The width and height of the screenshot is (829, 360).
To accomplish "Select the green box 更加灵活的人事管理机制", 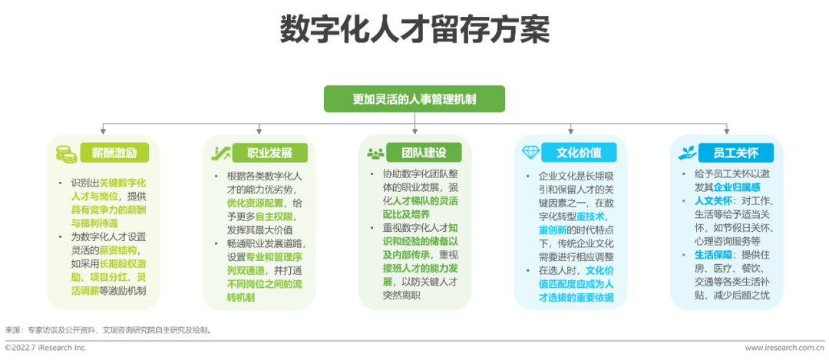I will (414, 99).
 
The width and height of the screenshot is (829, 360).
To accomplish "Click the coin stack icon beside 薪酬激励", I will (65, 152).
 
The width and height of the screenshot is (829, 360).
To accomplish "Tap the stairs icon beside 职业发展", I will (221, 152).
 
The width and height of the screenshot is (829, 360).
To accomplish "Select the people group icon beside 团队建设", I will (375, 152).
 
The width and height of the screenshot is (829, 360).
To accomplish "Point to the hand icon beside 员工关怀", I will (685, 152).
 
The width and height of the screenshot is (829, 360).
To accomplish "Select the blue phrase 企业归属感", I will (737, 187).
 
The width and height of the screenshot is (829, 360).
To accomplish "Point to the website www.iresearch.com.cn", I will (783, 348).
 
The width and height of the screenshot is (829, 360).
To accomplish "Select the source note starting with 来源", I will (107, 329).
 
